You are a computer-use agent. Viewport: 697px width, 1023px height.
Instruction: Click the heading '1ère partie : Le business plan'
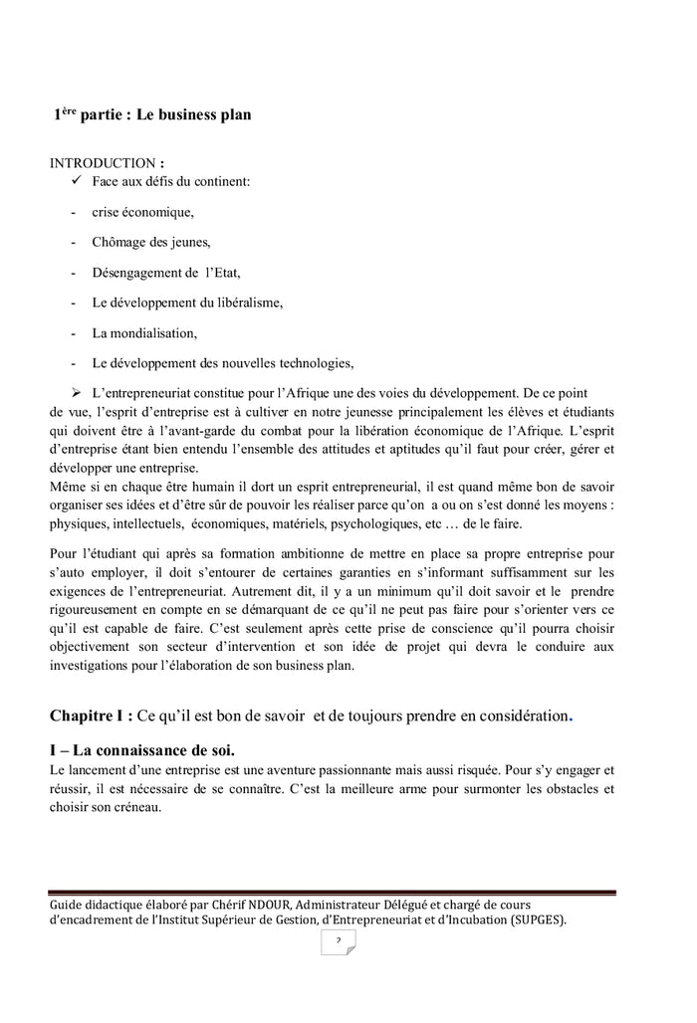(x=151, y=114)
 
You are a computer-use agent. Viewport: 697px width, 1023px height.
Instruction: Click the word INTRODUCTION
(x=103, y=163)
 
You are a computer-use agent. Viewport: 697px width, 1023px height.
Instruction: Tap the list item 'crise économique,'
(x=142, y=212)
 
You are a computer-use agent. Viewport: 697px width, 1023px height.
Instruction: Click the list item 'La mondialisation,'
(x=144, y=331)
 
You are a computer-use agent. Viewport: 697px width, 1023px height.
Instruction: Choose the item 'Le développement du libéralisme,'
(x=187, y=302)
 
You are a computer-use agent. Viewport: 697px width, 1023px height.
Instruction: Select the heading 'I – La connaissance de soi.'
(x=142, y=749)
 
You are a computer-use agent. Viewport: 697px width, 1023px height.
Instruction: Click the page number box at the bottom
(x=338, y=941)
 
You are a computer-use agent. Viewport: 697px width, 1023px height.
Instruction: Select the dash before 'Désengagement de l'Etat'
(x=75, y=272)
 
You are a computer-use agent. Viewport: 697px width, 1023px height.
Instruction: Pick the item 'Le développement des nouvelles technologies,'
(x=222, y=361)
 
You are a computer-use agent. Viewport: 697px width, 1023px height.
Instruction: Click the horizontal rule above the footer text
(x=332, y=892)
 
